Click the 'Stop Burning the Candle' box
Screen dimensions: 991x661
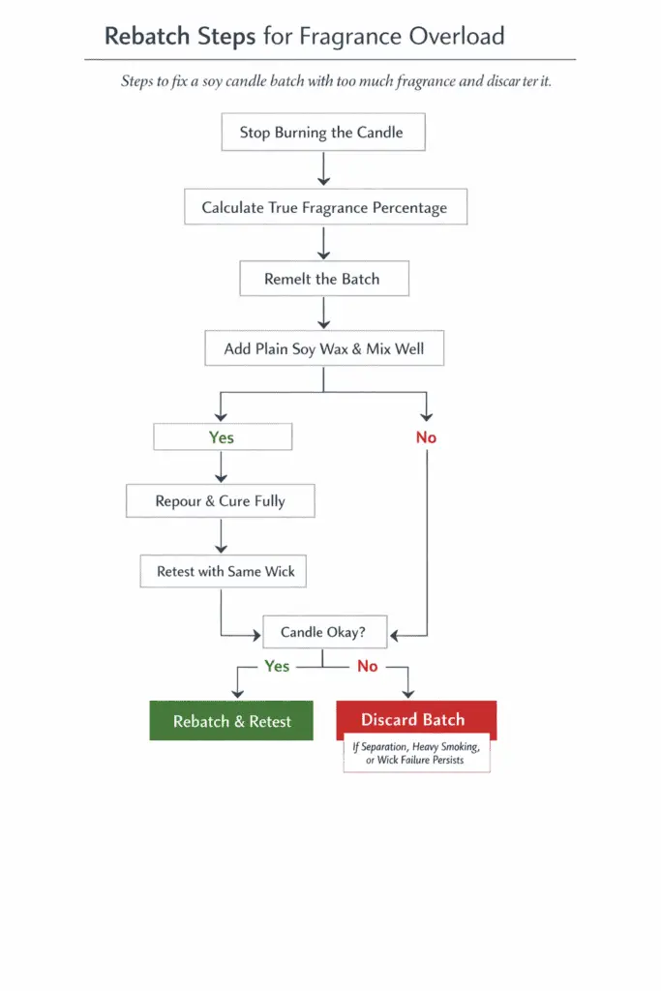(x=321, y=133)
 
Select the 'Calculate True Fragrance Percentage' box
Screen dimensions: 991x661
(x=324, y=207)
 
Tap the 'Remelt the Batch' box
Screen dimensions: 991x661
(x=322, y=279)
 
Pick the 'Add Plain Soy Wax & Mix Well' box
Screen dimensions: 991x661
(x=323, y=348)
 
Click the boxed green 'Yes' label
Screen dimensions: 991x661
(x=222, y=437)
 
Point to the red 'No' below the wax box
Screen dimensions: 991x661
(x=426, y=437)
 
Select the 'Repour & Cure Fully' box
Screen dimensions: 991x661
(x=220, y=501)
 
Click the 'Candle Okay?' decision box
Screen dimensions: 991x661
(x=324, y=632)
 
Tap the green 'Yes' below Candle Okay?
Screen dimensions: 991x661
(x=277, y=666)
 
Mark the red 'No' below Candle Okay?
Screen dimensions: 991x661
(x=367, y=666)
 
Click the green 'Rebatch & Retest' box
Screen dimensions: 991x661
(x=231, y=721)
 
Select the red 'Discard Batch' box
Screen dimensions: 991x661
(x=414, y=719)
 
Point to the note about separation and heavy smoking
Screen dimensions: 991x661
(x=416, y=753)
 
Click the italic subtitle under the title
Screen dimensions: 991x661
(x=335, y=81)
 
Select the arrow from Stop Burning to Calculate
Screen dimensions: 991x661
(x=323, y=168)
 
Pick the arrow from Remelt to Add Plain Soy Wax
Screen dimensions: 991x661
(x=323, y=313)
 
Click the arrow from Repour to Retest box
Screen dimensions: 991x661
(x=222, y=535)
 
